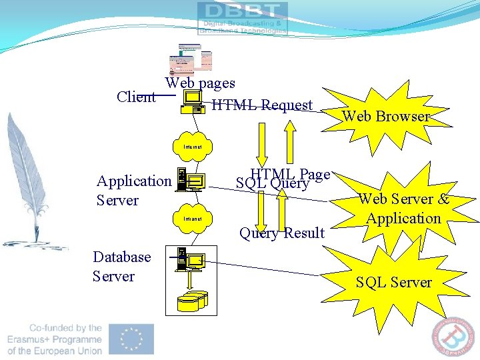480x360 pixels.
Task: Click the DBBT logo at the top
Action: tap(243, 18)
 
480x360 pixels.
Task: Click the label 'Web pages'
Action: tap(200, 83)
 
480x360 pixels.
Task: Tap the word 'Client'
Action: tap(136, 97)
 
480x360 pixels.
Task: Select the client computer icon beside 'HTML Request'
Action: tap(193, 101)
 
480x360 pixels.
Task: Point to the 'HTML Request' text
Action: tap(261, 105)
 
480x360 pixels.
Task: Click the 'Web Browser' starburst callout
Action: tap(385, 116)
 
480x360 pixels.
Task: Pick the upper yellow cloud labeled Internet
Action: tap(193, 146)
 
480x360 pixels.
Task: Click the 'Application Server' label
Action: tap(133, 190)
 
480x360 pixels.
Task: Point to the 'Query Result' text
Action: tap(282, 233)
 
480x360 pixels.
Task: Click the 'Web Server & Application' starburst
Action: tap(403, 209)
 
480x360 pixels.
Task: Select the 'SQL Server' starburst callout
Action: tap(393, 282)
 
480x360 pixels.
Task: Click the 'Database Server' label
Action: tap(122, 266)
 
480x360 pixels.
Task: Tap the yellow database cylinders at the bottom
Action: tap(192, 301)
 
